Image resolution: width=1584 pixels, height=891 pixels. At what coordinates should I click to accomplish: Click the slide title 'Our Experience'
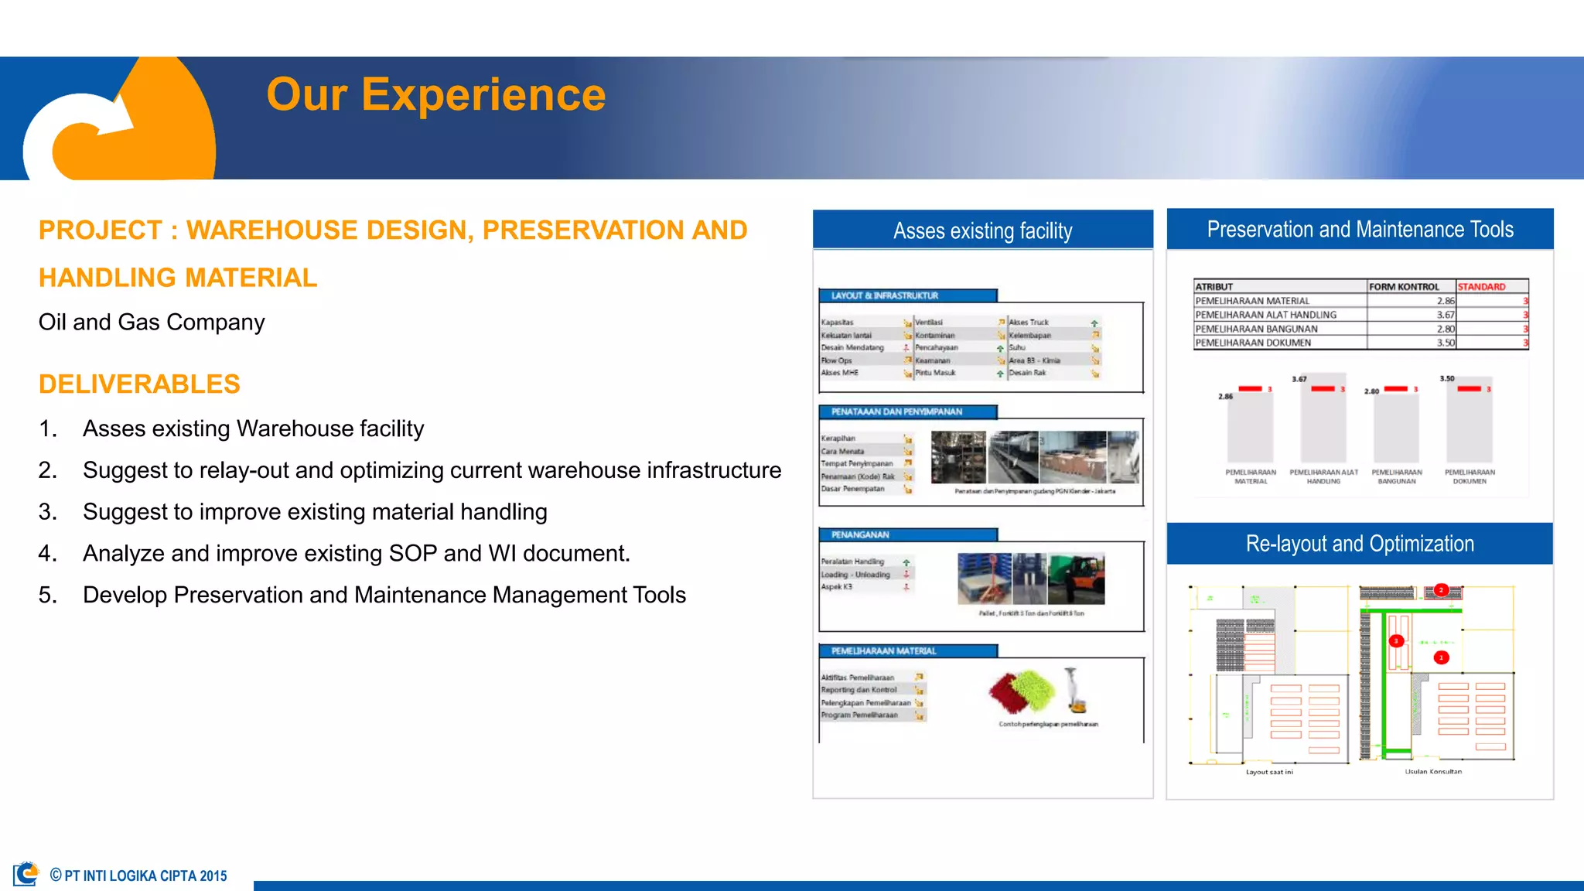[x=435, y=95]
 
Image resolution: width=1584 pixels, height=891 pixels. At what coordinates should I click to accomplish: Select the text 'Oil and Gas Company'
[x=152, y=322]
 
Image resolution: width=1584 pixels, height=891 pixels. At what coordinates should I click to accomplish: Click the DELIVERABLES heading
[x=139, y=384]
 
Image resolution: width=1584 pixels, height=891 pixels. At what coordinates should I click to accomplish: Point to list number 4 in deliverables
[x=47, y=554]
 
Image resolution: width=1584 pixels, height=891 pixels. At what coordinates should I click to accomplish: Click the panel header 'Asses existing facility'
[x=982, y=230]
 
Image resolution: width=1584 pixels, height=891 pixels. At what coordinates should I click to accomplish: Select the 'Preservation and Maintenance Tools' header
[x=1360, y=230]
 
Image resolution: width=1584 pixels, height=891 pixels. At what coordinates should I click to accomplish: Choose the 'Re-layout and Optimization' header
[x=1360, y=544]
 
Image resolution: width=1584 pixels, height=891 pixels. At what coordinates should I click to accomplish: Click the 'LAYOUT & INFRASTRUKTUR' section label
[x=884, y=296]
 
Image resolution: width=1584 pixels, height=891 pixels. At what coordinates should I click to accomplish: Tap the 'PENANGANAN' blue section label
[x=860, y=535]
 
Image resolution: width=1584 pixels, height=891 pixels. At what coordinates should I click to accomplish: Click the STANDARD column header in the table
[x=1481, y=287]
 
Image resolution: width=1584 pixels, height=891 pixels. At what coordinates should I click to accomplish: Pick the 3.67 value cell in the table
[x=1445, y=315]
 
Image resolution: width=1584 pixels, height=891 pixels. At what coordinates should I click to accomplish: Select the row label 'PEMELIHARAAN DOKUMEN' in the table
[x=1253, y=343]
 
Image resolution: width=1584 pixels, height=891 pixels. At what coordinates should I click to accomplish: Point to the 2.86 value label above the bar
[x=1225, y=397]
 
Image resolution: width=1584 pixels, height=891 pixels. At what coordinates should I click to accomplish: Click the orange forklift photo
[x=1077, y=579]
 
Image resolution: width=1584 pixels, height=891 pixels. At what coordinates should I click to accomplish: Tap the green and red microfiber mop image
[x=1022, y=691]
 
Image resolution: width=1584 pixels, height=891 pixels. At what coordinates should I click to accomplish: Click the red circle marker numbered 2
[x=1441, y=590]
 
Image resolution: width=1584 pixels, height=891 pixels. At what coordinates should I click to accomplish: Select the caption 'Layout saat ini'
[x=1269, y=772]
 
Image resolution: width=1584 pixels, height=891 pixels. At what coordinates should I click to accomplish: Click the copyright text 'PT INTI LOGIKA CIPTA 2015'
[x=145, y=876]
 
